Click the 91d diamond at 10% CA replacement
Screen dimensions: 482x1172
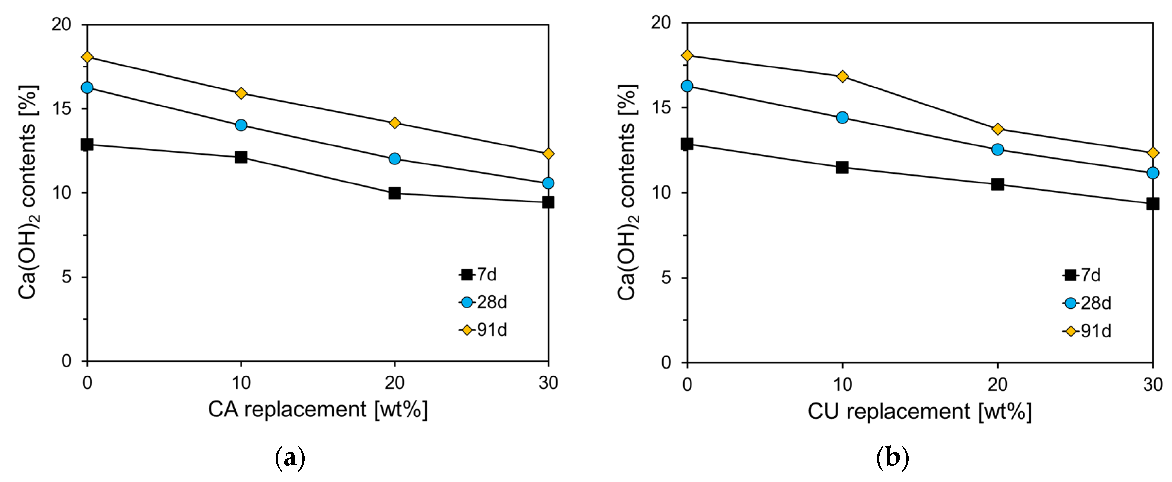coord(241,93)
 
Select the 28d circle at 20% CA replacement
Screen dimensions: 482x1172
coord(394,159)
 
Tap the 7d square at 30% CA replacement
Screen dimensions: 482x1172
coord(548,202)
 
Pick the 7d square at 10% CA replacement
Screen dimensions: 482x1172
coord(241,157)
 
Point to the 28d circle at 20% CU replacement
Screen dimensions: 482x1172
coord(997,149)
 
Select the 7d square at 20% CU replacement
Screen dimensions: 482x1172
coord(997,184)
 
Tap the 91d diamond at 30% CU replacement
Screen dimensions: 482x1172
coord(1152,153)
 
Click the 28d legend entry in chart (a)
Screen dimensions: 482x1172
coord(483,302)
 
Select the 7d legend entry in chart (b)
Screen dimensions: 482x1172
coord(1082,275)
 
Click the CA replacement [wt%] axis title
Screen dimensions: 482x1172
coord(318,410)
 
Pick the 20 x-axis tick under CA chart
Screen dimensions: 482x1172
coord(394,383)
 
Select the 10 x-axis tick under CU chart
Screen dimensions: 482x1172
coord(842,385)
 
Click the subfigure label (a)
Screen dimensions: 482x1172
coord(290,458)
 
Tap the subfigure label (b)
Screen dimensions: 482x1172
coord(892,458)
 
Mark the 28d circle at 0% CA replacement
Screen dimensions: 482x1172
coord(87,87)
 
